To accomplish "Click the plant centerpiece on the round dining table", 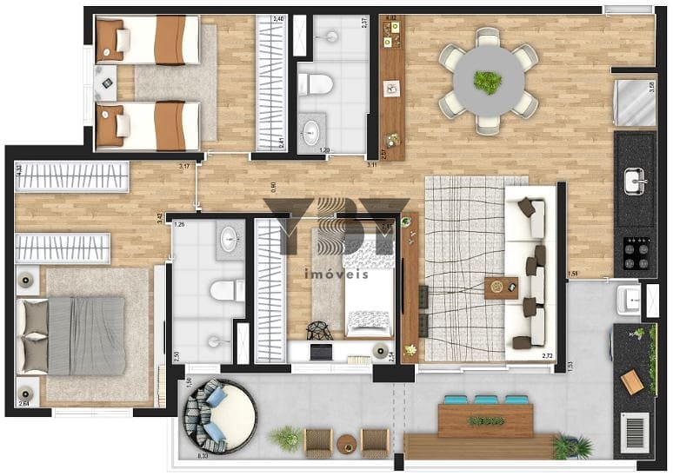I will pos(487,83).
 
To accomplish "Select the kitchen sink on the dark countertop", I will pos(636,182).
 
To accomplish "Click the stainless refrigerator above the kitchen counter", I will pos(636,103).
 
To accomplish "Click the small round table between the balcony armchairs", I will pos(346,442).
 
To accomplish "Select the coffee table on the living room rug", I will pos(501,288).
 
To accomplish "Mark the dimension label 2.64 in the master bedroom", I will pos(23,403).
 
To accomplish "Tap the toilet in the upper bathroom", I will pos(316,84).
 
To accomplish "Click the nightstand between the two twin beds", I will pos(106,83).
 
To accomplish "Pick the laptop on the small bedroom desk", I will pos(320,352).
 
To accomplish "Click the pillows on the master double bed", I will pos(36,335).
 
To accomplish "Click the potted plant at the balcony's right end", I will pos(571,446).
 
